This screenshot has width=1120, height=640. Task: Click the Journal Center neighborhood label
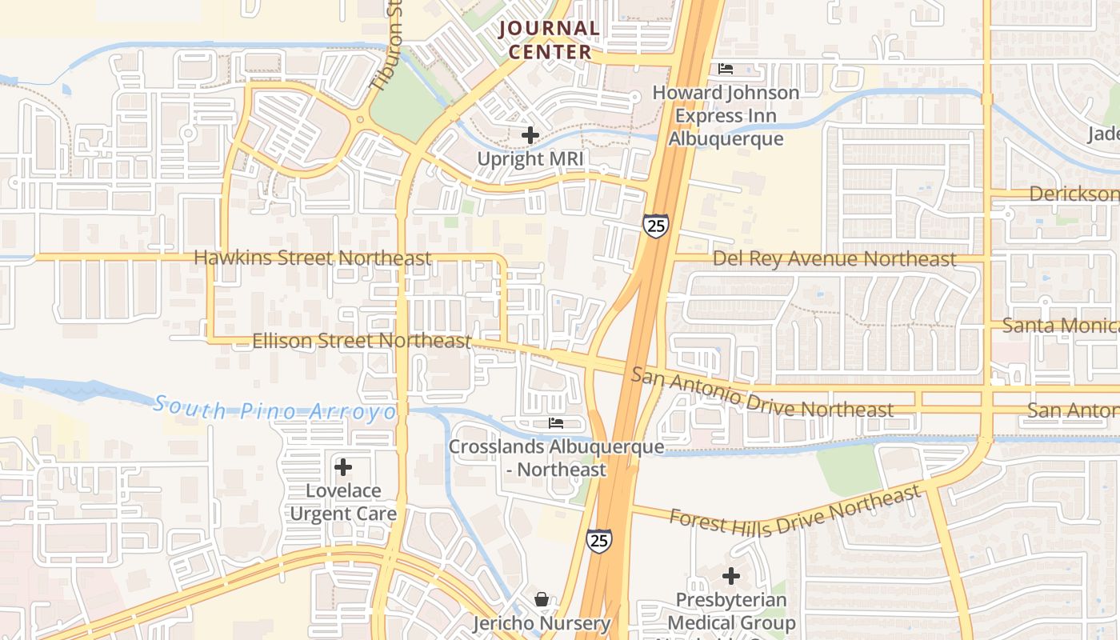click(x=549, y=40)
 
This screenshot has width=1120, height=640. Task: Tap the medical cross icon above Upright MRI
click(x=530, y=136)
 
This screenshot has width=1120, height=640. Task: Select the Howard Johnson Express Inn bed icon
click(x=726, y=69)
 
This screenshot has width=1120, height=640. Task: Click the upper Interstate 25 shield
click(x=655, y=226)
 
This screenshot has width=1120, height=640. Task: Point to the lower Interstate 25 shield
click(x=599, y=540)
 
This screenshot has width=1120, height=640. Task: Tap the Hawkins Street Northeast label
click(x=312, y=258)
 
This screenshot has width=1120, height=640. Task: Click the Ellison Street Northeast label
click(x=362, y=341)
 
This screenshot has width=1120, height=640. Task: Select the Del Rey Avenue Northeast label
click(x=834, y=258)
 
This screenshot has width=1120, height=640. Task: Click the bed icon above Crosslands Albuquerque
click(x=556, y=422)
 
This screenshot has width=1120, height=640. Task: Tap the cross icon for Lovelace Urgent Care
click(x=343, y=466)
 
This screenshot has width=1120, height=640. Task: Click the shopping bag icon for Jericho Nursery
click(x=542, y=599)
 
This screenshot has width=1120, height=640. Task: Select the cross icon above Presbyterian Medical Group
click(x=731, y=576)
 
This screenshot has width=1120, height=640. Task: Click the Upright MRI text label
click(x=530, y=158)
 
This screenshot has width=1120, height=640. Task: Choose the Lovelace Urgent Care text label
click(x=343, y=502)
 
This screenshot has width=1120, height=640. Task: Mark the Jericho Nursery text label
click(x=542, y=622)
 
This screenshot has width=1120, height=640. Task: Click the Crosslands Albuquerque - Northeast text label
click(x=556, y=458)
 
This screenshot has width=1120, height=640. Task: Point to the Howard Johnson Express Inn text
click(x=726, y=115)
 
